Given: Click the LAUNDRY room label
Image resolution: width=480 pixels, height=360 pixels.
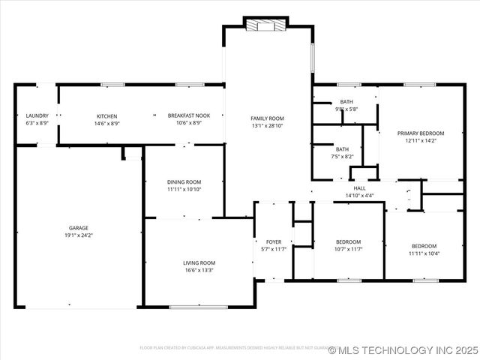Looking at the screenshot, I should coord(37,116).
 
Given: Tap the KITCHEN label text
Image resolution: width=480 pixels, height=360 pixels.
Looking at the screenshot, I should coord(106,116).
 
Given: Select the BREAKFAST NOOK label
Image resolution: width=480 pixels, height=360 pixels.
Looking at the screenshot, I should coord(188,115).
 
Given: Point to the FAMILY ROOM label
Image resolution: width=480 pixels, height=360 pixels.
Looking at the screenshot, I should coord(267,118).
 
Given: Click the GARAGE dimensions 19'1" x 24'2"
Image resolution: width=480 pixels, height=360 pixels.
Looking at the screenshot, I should coord(79,235).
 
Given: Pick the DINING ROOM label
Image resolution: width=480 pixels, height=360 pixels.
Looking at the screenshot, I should coord(184,181).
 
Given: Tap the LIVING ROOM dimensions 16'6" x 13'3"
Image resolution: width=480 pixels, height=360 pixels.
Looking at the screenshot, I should coord(199,270).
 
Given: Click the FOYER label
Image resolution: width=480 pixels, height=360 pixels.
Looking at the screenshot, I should coord(274,241).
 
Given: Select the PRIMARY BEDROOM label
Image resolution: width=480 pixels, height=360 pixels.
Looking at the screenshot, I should coord(420,133).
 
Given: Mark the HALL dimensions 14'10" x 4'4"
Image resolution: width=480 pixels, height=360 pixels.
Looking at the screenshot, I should coord(359,195).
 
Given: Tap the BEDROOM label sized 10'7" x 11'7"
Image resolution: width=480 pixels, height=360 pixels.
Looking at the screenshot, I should coord(348,241).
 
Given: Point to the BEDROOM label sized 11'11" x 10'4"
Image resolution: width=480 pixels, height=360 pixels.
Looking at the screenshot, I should coord(424,246).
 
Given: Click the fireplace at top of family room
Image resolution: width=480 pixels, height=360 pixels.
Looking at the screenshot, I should coord(266,25).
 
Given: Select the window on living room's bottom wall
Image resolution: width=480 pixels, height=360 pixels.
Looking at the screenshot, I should coord(198,306).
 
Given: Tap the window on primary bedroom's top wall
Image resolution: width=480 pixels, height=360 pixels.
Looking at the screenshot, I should coord(415,84).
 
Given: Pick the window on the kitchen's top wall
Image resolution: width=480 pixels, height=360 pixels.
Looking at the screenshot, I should coord(112,84).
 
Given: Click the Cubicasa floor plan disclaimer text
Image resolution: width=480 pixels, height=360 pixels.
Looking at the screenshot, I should coord(232,348).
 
